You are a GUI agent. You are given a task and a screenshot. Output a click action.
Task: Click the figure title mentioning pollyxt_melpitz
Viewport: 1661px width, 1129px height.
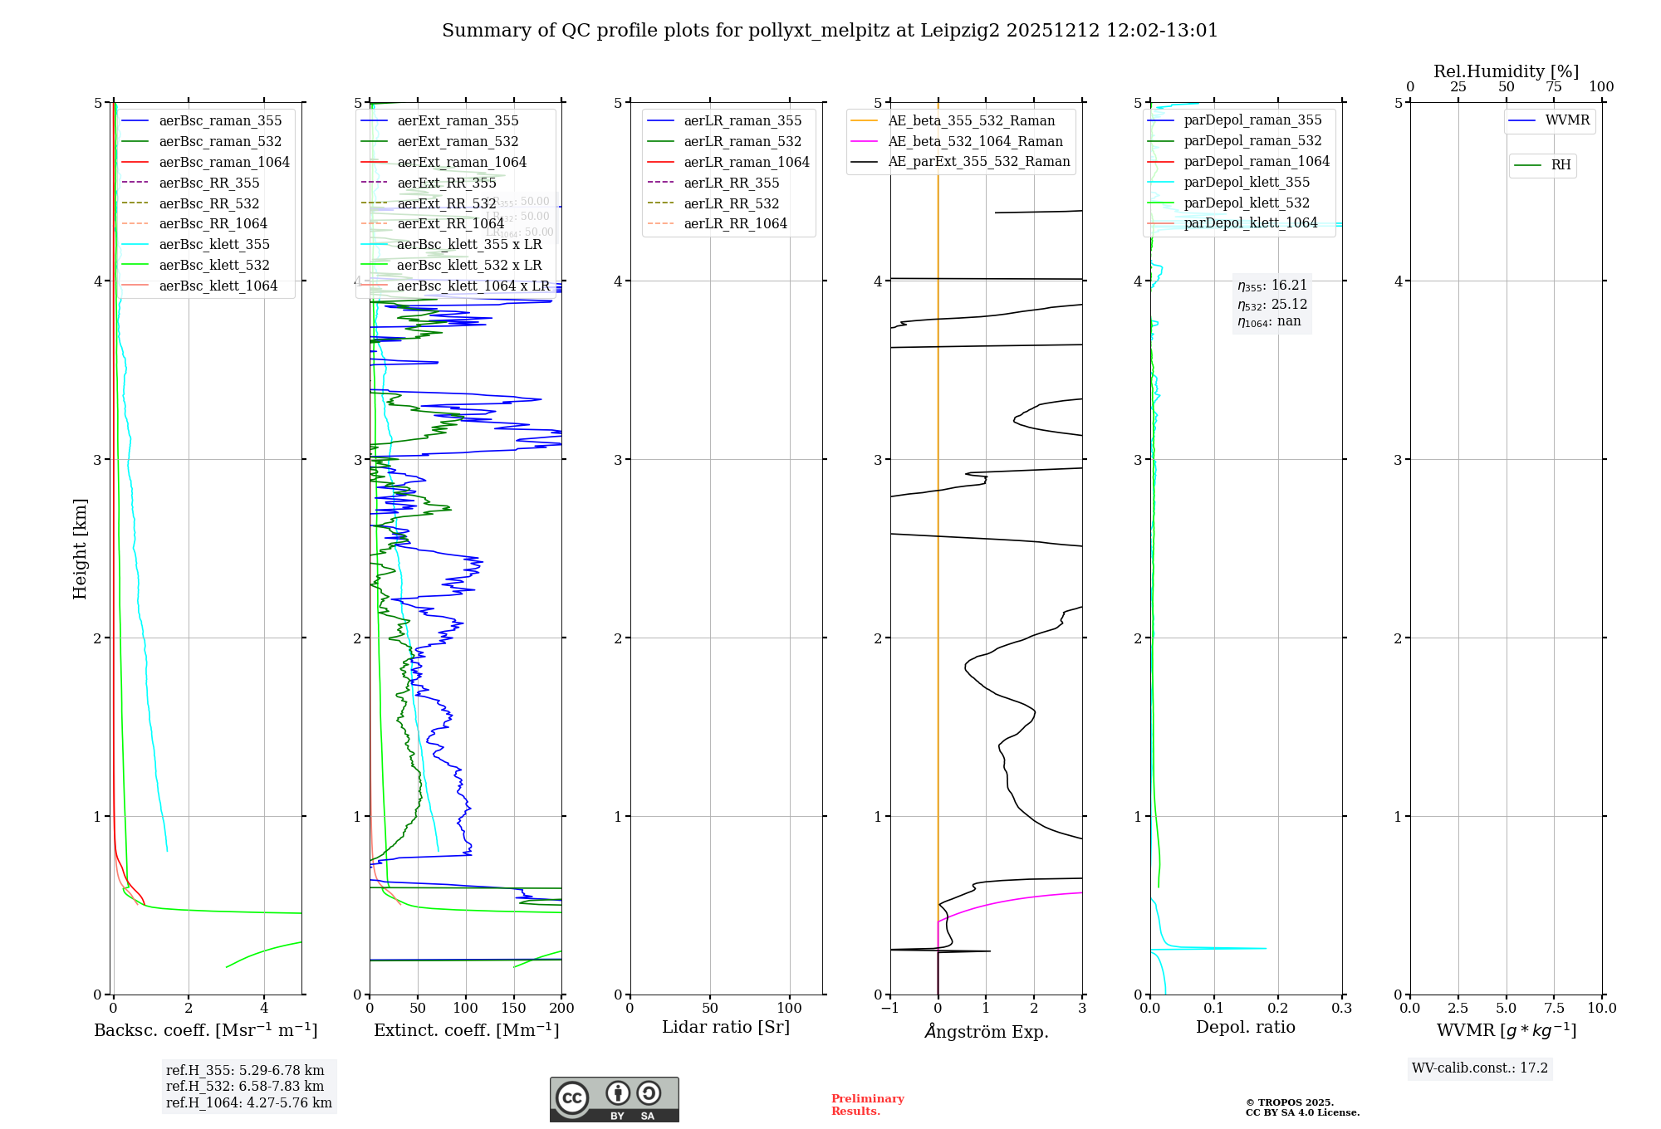pos(830,31)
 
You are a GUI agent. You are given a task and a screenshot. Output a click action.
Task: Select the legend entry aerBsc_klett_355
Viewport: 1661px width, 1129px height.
pos(214,245)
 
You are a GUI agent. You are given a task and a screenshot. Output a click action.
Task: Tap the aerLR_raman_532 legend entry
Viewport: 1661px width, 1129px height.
pos(742,142)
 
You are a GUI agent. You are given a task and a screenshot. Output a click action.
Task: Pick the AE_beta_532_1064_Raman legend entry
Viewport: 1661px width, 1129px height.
pos(975,142)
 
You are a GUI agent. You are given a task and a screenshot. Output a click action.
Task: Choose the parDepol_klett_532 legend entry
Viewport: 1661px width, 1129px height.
pos(1247,203)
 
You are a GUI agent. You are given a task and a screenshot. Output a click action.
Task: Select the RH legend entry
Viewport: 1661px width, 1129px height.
pos(1561,165)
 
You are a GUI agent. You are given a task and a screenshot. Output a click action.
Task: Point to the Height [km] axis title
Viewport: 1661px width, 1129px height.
pos(81,549)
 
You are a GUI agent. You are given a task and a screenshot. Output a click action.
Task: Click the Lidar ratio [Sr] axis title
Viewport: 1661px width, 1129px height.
pos(726,1027)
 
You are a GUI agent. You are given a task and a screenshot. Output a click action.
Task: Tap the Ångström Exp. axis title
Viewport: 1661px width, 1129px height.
pos(987,1031)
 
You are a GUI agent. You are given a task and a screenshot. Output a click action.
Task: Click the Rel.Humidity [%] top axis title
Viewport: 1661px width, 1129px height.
pos(1506,71)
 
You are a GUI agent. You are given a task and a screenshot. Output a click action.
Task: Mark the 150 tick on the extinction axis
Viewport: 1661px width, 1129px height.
pos(513,1009)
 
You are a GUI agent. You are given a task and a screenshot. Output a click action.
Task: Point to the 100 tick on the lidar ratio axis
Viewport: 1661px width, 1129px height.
pos(790,1009)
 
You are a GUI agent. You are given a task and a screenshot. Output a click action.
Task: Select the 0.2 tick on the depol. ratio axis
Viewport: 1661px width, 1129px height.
pos(1278,1009)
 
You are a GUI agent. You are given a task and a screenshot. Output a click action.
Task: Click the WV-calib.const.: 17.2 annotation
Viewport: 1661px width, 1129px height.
pos(1480,1068)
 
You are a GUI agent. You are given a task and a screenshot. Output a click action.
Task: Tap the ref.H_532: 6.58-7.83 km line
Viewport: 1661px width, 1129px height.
pos(245,1087)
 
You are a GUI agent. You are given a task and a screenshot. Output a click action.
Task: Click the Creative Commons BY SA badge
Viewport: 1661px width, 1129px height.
pos(614,1100)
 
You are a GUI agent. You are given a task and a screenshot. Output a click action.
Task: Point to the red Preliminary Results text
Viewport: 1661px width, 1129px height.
pos(867,1105)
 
